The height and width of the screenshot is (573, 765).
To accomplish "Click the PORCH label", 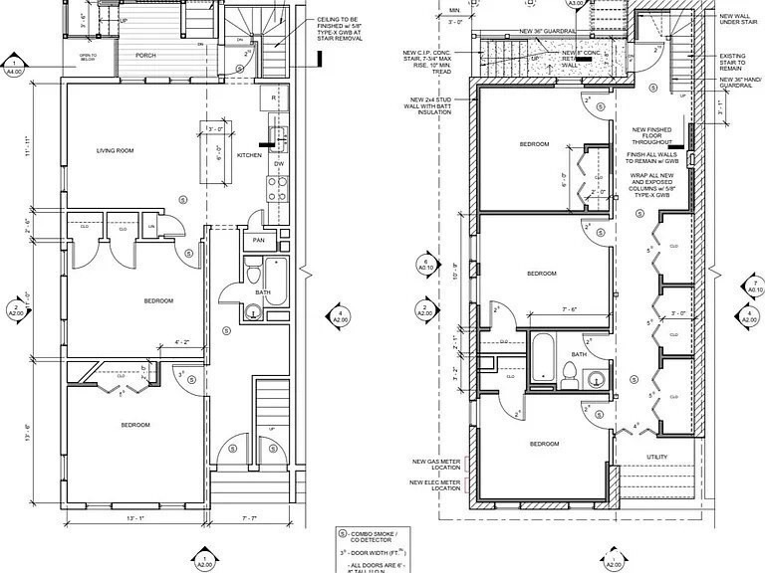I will point(146,56).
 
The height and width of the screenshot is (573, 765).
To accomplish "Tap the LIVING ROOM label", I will point(116,151).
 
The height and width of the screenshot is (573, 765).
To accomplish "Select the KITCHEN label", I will point(249,156).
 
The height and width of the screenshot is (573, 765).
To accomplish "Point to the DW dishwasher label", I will point(280,164).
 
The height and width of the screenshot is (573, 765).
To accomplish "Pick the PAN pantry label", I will point(258,241).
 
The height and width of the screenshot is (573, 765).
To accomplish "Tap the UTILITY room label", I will point(655,457).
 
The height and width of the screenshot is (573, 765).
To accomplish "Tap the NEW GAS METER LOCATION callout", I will point(435,466).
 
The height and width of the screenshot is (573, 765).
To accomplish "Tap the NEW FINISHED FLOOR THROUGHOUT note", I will point(652,135).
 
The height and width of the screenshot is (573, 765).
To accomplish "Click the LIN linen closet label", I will point(152,228).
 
